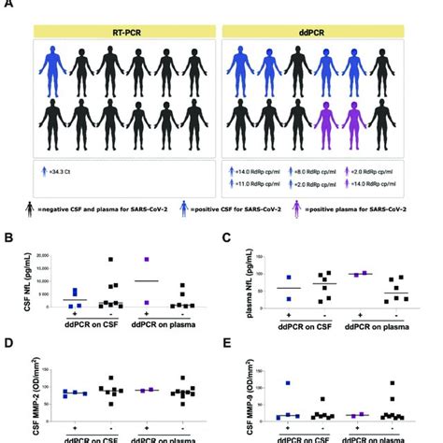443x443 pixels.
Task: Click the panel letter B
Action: coord(8,238)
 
